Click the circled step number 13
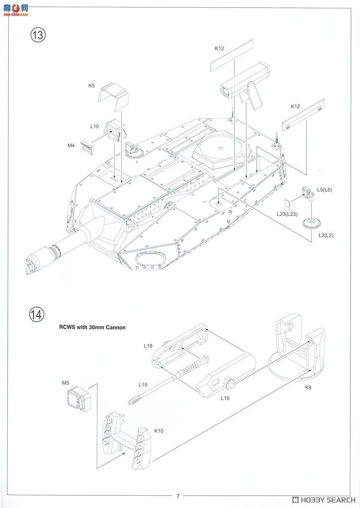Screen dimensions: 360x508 click(x=38, y=35)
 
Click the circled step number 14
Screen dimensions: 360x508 click(x=37, y=315)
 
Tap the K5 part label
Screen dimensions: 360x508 click(x=91, y=86)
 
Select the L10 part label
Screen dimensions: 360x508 click(x=94, y=126)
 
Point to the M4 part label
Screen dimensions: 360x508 click(x=71, y=145)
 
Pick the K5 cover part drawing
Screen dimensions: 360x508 click(x=113, y=97)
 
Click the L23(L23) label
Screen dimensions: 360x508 click(x=287, y=214)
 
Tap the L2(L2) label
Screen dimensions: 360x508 click(x=326, y=235)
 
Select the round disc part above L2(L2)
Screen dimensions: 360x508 click(x=312, y=223)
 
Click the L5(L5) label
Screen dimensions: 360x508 click(x=324, y=190)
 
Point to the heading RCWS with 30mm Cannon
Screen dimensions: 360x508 click(x=92, y=327)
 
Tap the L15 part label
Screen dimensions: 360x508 click(x=143, y=385)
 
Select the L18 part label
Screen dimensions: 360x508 click(x=148, y=346)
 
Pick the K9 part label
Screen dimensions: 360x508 click(x=308, y=387)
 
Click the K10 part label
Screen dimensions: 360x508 click(x=159, y=431)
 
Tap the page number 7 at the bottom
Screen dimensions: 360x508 click(x=178, y=496)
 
